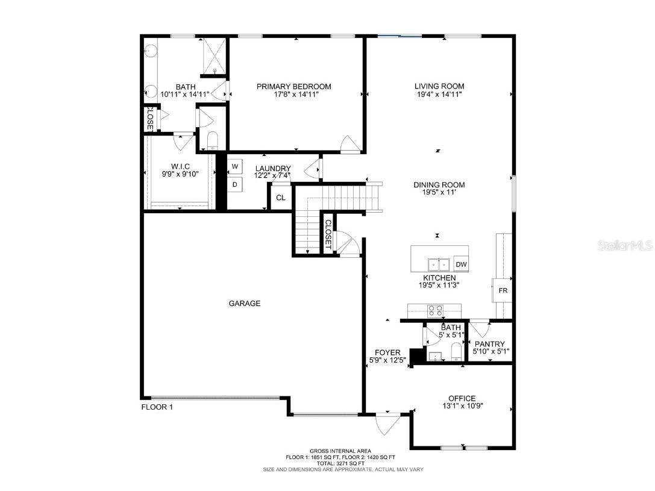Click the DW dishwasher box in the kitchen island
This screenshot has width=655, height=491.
click(x=461, y=264)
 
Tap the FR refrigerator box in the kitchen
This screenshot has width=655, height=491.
click(x=502, y=290)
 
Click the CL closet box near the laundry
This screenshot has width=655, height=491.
click(x=280, y=198)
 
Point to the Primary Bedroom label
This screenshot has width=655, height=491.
click(x=293, y=86)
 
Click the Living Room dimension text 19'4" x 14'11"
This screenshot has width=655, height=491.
click(x=439, y=95)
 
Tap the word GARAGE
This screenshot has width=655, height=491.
click(x=245, y=304)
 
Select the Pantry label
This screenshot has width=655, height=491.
click(x=490, y=344)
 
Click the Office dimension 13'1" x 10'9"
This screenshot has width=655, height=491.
click(x=462, y=406)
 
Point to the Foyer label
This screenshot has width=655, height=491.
click(x=387, y=352)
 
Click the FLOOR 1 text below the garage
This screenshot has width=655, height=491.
click(x=157, y=407)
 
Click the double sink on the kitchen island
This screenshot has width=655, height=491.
click(x=439, y=264)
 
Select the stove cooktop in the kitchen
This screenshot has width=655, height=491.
click(x=435, y=311)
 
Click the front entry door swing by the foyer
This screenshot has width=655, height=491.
click(x=384, y=425)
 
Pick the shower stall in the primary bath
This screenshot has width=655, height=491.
click(x=214, y=57)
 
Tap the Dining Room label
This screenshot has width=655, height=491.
click(x=439, y=185)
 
